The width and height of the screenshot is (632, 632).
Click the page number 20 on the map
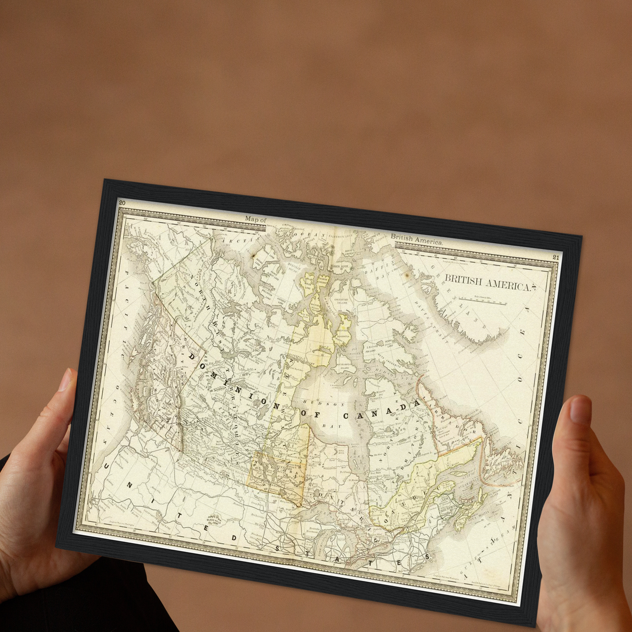tap(122, 203)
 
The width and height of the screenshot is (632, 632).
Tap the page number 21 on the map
tap(555, 257)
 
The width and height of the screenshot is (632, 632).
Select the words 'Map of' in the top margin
tap(255, 219)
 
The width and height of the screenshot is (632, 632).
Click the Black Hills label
tap(215, 520)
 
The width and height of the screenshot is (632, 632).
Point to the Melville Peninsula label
tap(343, 335)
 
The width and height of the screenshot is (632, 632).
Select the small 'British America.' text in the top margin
tap(416, 239)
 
